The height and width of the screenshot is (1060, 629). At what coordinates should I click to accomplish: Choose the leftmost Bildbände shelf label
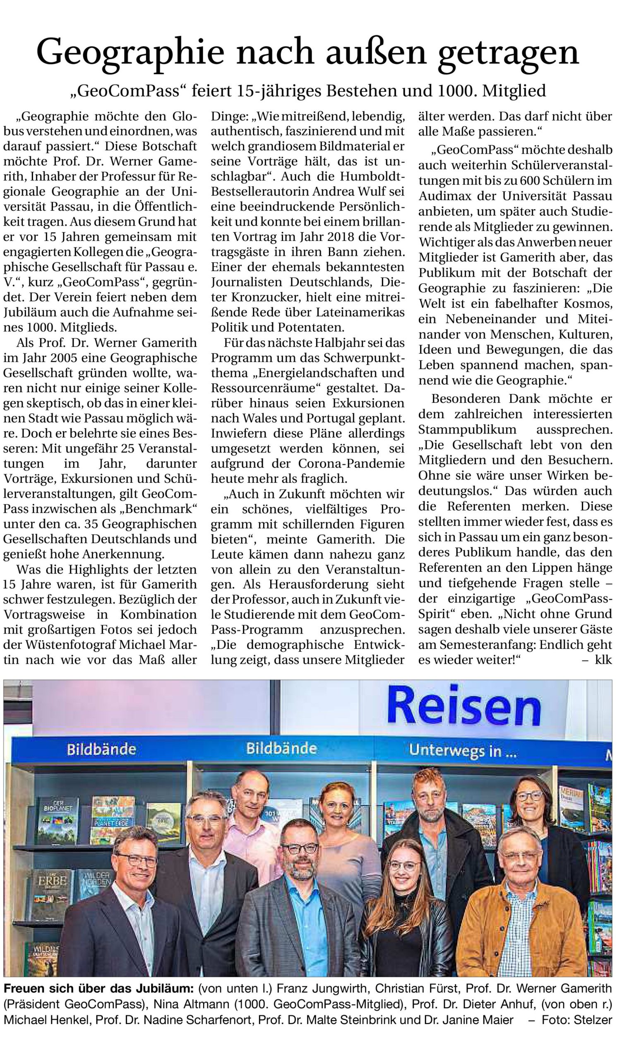101,749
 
